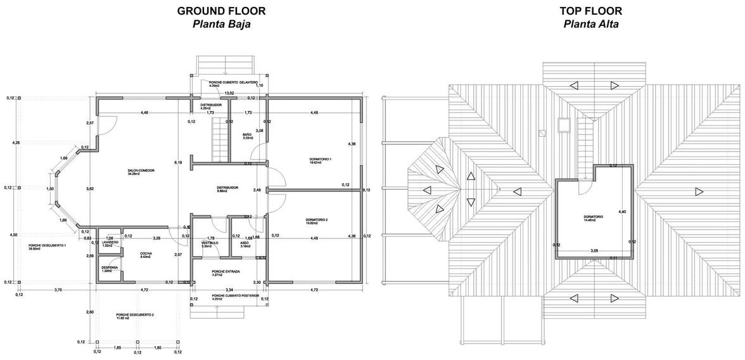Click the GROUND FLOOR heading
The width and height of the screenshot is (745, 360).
[x=221, y=10]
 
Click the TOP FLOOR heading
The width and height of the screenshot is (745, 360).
[x=590, y=10]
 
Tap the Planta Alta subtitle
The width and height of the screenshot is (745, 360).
[x=590, y=24]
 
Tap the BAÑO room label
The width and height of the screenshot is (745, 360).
[x=248, y=135]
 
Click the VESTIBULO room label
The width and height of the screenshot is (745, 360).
[x=210, y=243]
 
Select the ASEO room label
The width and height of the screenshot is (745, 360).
[x=245, y=243]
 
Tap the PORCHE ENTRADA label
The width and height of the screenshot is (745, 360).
[x=225, y=271]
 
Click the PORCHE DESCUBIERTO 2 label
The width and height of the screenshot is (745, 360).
[x=135, y=315]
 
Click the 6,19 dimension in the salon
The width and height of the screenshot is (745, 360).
[x=178, y=163]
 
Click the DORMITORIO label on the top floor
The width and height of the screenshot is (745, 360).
[x=593, y=217]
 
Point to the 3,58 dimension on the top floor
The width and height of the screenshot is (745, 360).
[x=594, y=251]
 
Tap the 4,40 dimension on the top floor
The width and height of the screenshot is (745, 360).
[x=622, y=212]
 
